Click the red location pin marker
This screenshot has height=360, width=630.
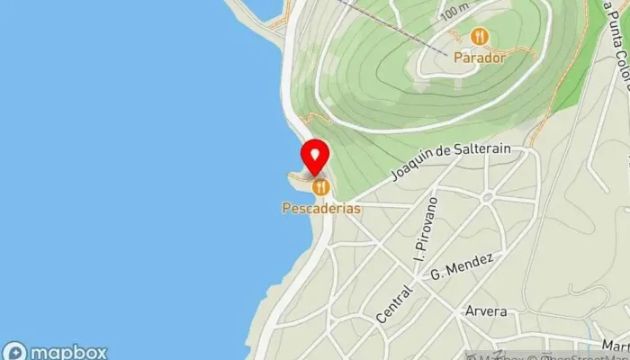314,157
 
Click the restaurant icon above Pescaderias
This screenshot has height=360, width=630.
320,187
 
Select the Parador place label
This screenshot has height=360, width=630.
479,56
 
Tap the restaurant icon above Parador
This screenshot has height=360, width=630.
479,37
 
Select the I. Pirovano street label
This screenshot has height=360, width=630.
423,229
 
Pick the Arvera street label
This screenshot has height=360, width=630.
486,311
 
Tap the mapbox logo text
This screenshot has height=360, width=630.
67,352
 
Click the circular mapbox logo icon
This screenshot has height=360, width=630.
13,352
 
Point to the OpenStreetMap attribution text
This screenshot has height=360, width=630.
576,353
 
